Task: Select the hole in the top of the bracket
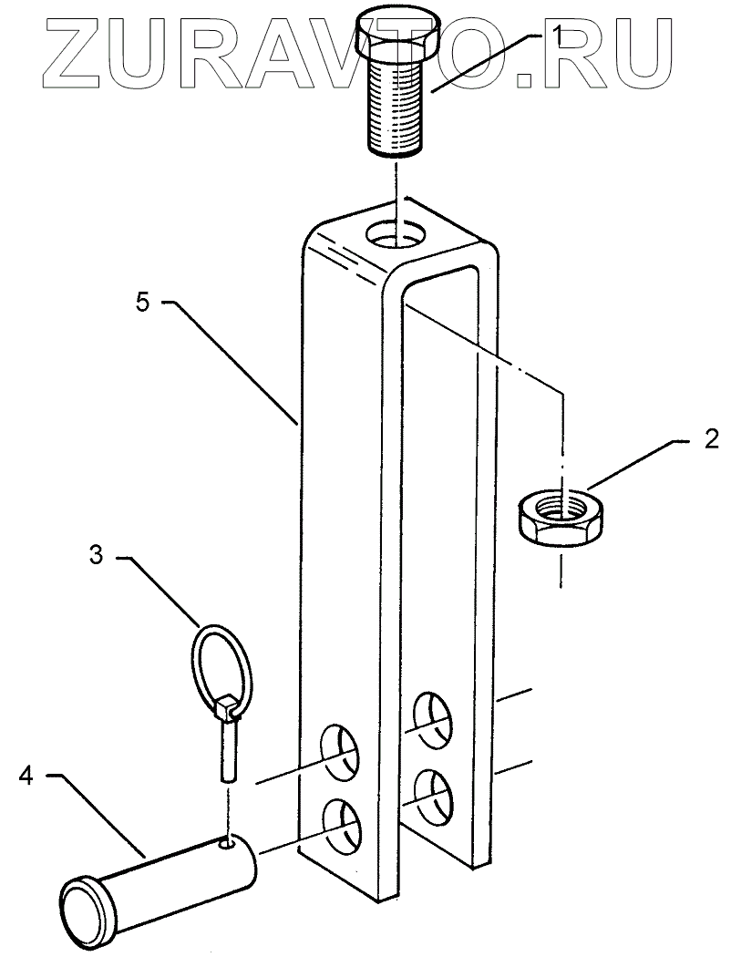point(398,234)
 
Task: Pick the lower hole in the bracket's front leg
point(340,824)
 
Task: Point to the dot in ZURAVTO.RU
point(530,81)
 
